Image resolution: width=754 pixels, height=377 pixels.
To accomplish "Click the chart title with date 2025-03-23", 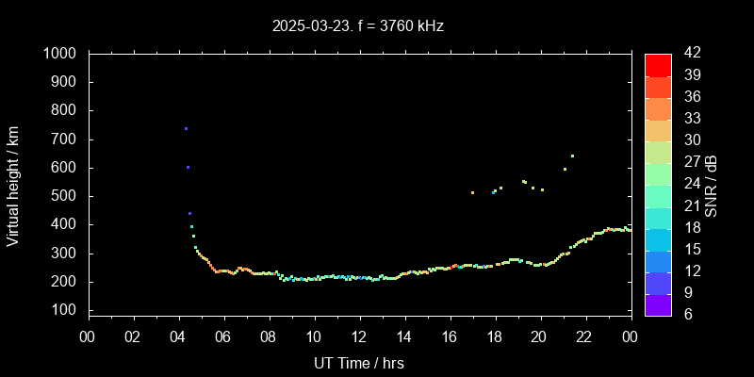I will [x=357, y=25].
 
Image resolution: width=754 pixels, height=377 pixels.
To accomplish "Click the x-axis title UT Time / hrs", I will [x=359, y=362].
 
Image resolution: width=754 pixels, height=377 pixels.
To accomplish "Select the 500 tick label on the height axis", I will [x=65, y=196].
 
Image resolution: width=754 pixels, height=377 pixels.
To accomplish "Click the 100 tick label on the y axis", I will [x=65, y=310].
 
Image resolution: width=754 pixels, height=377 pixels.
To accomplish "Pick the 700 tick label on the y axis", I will [x=65, y=139].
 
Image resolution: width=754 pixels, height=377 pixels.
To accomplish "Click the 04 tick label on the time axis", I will [x=179, y=336].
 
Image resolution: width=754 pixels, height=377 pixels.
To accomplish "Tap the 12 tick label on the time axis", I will [x=359, y=336].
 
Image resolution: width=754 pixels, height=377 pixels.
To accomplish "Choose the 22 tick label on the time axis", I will [x=584, y=336].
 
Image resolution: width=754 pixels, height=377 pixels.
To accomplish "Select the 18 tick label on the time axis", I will [x=495, y=336].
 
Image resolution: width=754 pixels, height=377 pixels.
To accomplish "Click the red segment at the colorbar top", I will [x=658, y=64].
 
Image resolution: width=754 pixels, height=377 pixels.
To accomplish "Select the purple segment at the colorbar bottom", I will [x=658, y=303].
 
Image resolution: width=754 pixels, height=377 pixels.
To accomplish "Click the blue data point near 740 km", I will [x=186, y=128].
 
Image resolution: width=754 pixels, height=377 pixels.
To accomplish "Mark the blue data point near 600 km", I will [x=188, y=167].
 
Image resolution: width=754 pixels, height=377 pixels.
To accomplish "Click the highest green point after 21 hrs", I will [x=572, y=156].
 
